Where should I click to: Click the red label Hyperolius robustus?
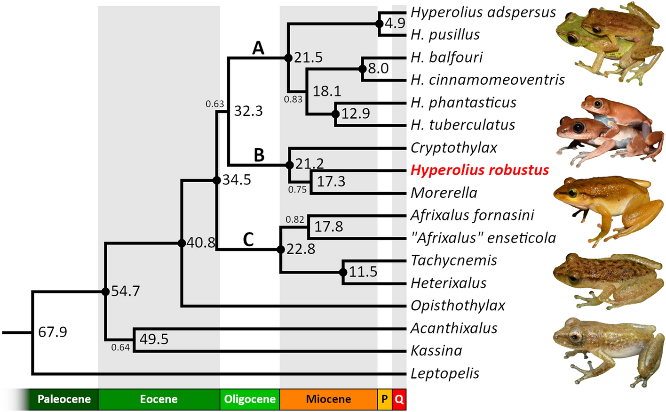[479, 170]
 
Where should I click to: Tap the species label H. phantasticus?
[463, 102]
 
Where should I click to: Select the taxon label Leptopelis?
[445, 373]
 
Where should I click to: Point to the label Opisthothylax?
[458, 306]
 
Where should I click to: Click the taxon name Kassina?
[436, 351]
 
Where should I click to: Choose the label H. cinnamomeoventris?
[487, 80]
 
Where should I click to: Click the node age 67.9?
[53, 332]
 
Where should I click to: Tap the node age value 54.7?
[125, 291]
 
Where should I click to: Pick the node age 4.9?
[395, 23]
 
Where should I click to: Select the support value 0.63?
[214, 104]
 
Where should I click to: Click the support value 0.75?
[297, 189]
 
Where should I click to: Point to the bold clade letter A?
[258, 48]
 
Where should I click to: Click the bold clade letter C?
[248, 240]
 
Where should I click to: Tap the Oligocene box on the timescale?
[250, 399]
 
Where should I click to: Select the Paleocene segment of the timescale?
[64, 399]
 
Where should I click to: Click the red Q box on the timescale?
[399, 399]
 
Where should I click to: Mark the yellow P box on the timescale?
[384, 399]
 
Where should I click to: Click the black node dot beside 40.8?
[182, 243]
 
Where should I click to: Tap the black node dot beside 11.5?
[343, 272]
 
